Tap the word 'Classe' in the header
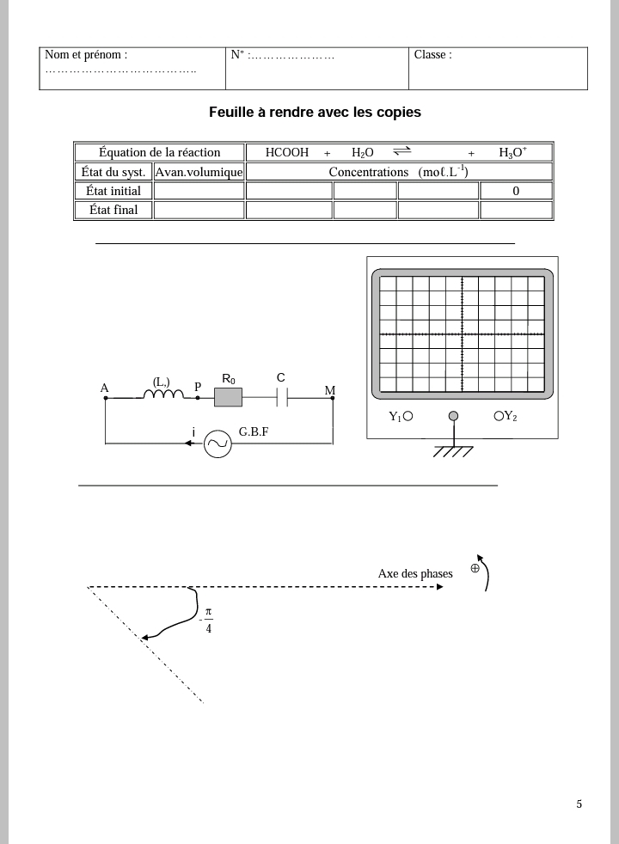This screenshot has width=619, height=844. point(432,55)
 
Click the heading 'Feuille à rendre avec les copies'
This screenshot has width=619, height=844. point(315,113)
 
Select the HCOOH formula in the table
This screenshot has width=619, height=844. point(287,153)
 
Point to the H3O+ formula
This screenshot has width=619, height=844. point(512,153)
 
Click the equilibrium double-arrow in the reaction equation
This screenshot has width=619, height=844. point(402,152)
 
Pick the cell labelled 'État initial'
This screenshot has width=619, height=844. point(113,191)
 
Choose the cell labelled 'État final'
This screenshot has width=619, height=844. point(113,210)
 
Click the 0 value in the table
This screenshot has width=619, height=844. point(516,191)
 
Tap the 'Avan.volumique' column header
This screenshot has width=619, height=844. point(199,172)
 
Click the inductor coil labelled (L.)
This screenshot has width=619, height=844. point(163,394)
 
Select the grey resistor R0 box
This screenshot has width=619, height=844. point(229,397)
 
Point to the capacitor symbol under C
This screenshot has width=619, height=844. point(281,397)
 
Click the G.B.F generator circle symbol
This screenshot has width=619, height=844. point(218,443)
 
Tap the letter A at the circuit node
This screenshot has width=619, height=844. point(105,388)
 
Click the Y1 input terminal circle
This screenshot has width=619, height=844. point(408,417)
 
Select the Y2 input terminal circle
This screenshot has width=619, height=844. point(499,416)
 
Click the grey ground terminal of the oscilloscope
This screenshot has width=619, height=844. point(453,417)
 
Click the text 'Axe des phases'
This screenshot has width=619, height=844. point(415,574)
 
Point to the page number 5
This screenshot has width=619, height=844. point(579,804)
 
